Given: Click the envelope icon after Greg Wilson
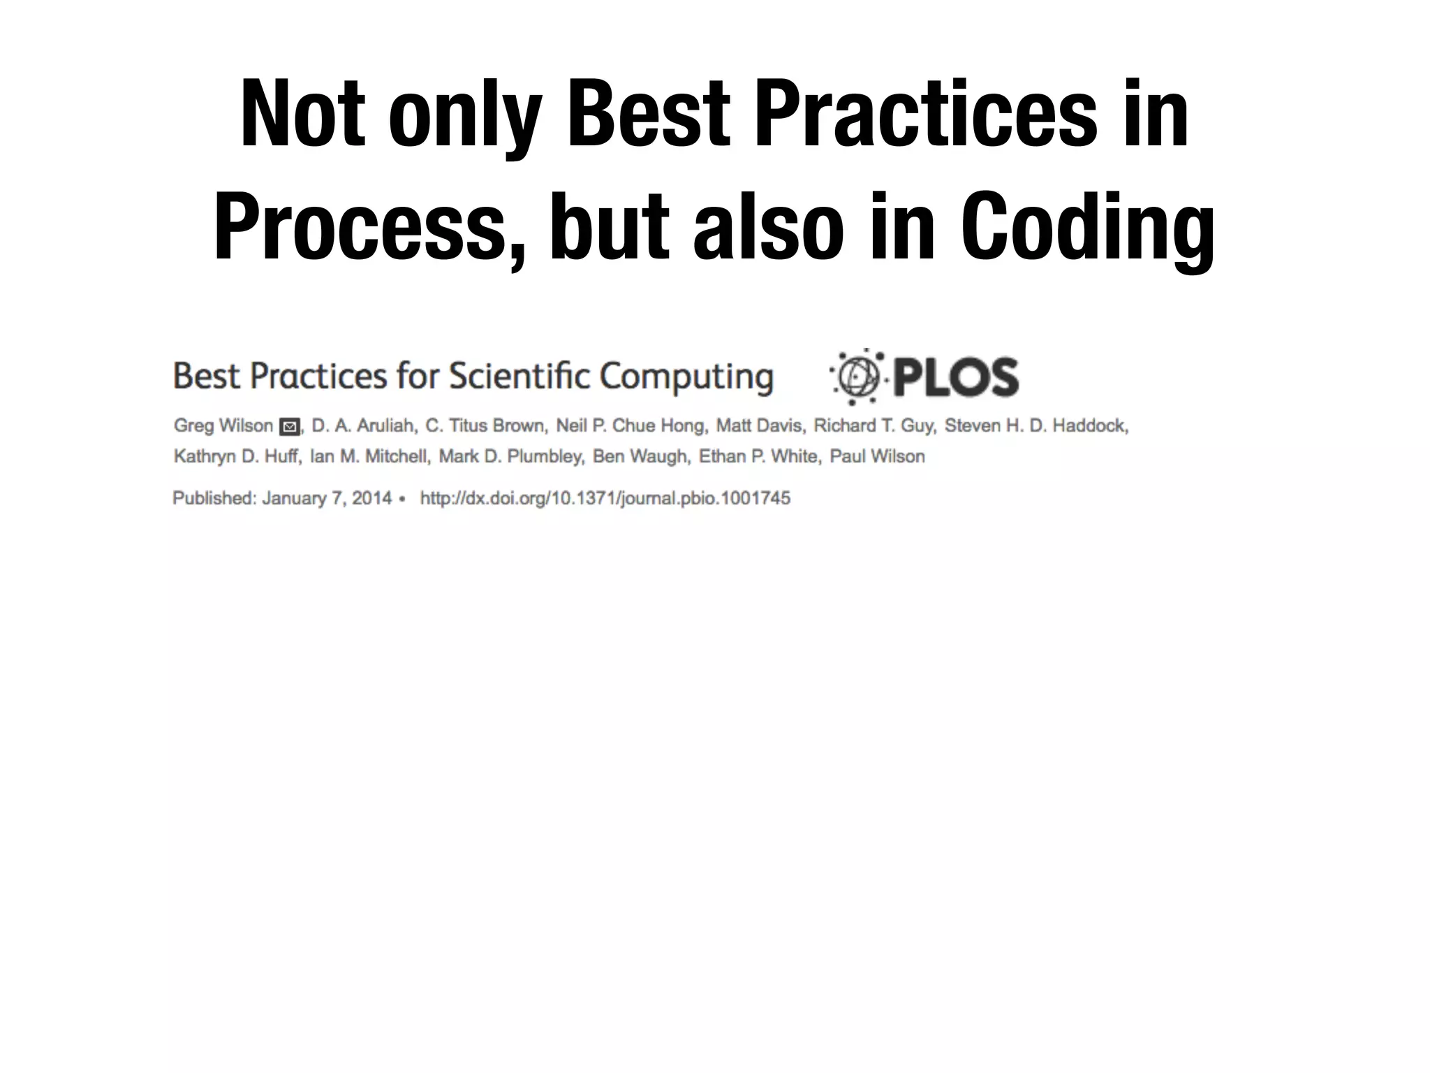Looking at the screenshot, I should click(x=289, y=427).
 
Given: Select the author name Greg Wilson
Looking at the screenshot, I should click(x=223, y=425).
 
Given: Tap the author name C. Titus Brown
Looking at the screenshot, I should click(x=486, y=425).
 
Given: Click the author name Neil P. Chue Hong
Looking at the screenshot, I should click(x=631, y=425).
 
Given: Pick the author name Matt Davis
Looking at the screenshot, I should click(x=760, y=425).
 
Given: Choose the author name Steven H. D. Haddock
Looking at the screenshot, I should click(x=1036, y=425).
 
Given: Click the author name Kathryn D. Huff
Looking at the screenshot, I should click(x=237, y=456).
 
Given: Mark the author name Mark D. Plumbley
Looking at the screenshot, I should click(x=510, y=456).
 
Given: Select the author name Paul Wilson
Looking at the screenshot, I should click(x=877, y=456).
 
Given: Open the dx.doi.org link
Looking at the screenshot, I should click(x=605, y=498).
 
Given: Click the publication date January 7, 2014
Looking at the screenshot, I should click(x=327, y=498).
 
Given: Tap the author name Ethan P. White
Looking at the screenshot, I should click(x=759, y=456).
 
